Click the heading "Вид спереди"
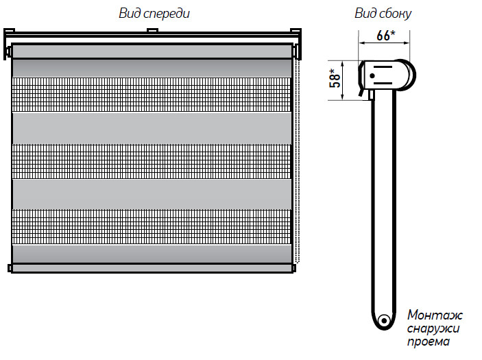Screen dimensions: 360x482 (154, 13)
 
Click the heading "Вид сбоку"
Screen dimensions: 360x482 (383, 13)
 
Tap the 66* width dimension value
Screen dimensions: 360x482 (386, 35)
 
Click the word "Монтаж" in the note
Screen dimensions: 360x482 (435, 315)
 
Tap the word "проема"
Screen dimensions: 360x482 (429, 342)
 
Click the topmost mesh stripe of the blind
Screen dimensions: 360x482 (152, 94)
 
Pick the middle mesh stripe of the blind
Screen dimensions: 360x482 (152, 160)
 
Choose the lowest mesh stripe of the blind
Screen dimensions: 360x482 (152, 226)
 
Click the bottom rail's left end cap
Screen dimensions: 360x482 (9, 268)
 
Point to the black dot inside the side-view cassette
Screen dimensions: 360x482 (372, 75)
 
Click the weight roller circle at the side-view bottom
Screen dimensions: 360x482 (384, 321)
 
